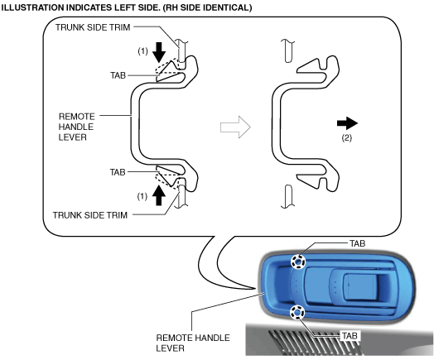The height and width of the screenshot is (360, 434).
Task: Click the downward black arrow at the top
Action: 159,52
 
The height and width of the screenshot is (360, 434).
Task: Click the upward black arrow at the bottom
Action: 158,195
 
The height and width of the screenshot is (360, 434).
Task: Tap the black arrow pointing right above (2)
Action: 347,123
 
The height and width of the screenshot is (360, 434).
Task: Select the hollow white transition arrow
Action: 235,127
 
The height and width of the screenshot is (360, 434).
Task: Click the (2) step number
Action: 346,137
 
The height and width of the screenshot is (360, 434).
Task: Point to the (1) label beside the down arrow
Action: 142,51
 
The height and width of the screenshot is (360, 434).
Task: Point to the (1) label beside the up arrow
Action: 142,196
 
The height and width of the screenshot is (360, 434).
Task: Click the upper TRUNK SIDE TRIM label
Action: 93,27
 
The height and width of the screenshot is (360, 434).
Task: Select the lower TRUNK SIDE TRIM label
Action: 90,215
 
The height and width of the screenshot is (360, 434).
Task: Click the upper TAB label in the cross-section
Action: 118,75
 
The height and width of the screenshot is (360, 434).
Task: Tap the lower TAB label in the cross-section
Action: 118,172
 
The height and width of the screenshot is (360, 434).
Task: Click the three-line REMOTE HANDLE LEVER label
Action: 77,127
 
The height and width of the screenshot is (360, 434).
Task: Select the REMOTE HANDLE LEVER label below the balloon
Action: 193,343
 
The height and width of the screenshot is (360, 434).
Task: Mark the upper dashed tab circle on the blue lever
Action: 297,262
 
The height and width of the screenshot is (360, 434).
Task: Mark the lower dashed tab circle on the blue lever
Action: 297,312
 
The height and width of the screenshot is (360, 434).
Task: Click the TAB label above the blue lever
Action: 357,243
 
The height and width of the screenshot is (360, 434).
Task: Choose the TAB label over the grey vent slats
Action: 350,336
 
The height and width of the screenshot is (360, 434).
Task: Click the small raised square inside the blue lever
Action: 359,286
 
